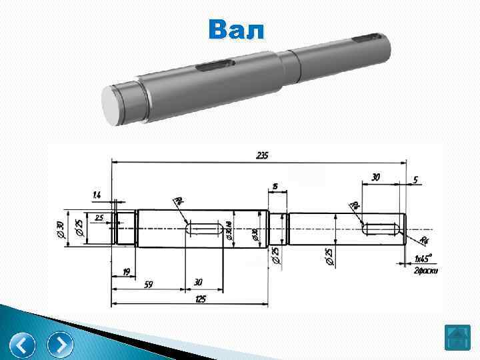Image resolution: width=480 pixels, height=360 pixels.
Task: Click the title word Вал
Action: coord(236,30)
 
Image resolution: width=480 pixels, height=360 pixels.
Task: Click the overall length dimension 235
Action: coord(262,155)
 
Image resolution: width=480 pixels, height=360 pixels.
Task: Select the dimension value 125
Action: coord(200,299)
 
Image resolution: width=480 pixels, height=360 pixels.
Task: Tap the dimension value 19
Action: coord(125,272)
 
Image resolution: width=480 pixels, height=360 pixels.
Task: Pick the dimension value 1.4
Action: coord(97,195)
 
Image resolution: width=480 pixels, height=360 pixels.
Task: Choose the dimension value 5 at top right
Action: coord(415,179)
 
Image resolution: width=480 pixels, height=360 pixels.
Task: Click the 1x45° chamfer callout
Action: coord(423,258)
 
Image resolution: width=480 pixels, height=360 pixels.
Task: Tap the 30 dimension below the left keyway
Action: coord(198,283)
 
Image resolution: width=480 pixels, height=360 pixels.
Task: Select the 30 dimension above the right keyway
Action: coord(376,177)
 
